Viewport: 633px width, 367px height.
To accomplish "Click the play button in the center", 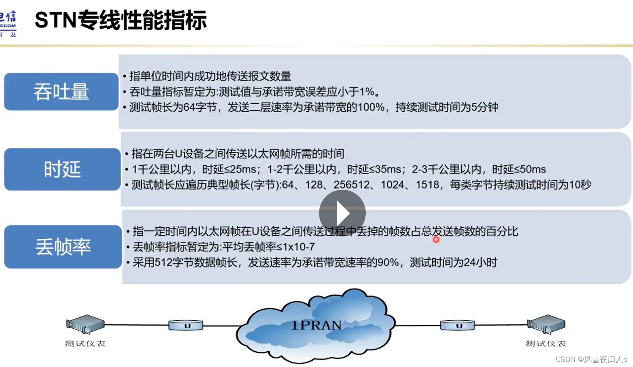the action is point(342,213).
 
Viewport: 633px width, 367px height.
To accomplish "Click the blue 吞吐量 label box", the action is point(61,92).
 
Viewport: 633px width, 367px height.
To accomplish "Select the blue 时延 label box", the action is point(62,169).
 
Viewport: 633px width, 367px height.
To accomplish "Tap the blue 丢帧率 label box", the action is point(63,247).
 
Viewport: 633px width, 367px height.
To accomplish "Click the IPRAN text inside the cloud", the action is point(316,325).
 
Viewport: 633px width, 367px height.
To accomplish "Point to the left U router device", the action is point(186,325).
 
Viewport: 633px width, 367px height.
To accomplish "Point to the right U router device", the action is point(457,325).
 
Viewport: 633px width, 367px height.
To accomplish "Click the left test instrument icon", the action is point(85,324).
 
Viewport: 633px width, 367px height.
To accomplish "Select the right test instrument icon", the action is point(546,324).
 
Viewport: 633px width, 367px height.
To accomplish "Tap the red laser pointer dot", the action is point(436,240).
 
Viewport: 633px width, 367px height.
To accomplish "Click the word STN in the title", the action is point(55,20).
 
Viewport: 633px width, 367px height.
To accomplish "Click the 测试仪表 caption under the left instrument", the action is point(85,344).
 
